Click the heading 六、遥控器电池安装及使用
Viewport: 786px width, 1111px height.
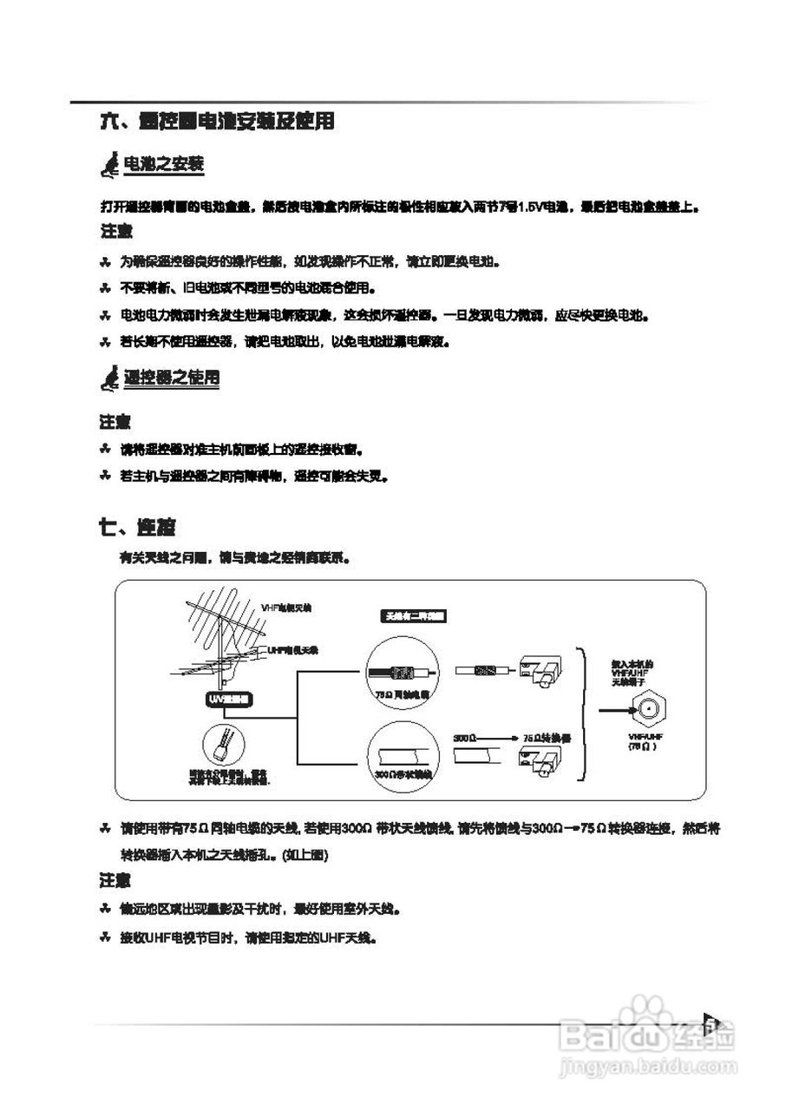pos(217,122)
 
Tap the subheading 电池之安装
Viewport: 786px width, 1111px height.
pos(165,164)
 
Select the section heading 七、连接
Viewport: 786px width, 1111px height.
pos(138,527)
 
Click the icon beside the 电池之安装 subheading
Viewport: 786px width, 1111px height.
pos(111,164)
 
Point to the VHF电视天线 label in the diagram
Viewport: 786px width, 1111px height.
pos(285,608)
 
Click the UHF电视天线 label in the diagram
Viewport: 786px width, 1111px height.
pos(292,649)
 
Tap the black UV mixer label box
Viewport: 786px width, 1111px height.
pos(229,699)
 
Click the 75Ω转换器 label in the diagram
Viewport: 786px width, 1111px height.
pos(546,736)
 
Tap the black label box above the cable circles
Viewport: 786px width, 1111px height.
pos(414,615)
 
